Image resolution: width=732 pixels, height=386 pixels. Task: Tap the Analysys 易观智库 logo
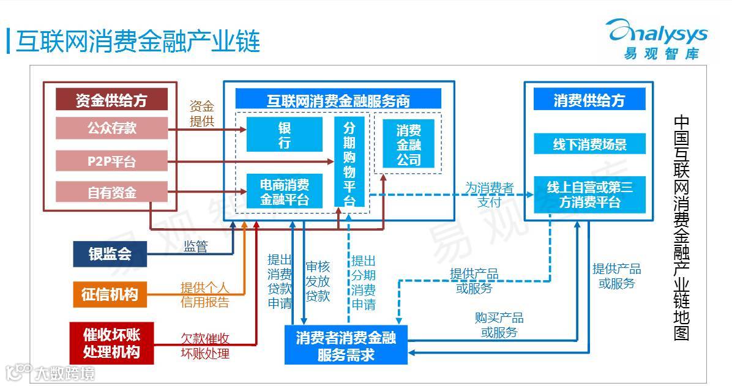656,38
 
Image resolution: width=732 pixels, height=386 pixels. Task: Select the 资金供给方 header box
111,100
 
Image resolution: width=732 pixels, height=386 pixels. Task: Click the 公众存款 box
111,128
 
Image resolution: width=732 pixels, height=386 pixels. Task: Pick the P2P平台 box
111,161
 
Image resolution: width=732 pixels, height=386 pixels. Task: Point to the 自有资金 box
111,193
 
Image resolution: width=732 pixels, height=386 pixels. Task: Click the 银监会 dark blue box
110,254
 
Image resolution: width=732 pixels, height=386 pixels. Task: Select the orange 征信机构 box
110,294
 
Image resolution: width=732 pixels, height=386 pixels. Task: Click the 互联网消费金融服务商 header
338,100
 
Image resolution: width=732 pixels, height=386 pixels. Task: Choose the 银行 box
284,135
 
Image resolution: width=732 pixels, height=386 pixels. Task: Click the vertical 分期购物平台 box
349,162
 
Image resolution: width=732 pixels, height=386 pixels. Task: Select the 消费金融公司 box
408,144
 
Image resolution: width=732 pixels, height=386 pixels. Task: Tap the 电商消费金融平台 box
284,191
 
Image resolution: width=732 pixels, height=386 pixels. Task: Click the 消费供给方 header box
589,100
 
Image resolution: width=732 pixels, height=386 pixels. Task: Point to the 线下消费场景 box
589,145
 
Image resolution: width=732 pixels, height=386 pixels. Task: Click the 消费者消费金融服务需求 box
346,346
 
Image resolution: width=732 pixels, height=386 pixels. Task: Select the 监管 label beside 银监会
196,247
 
